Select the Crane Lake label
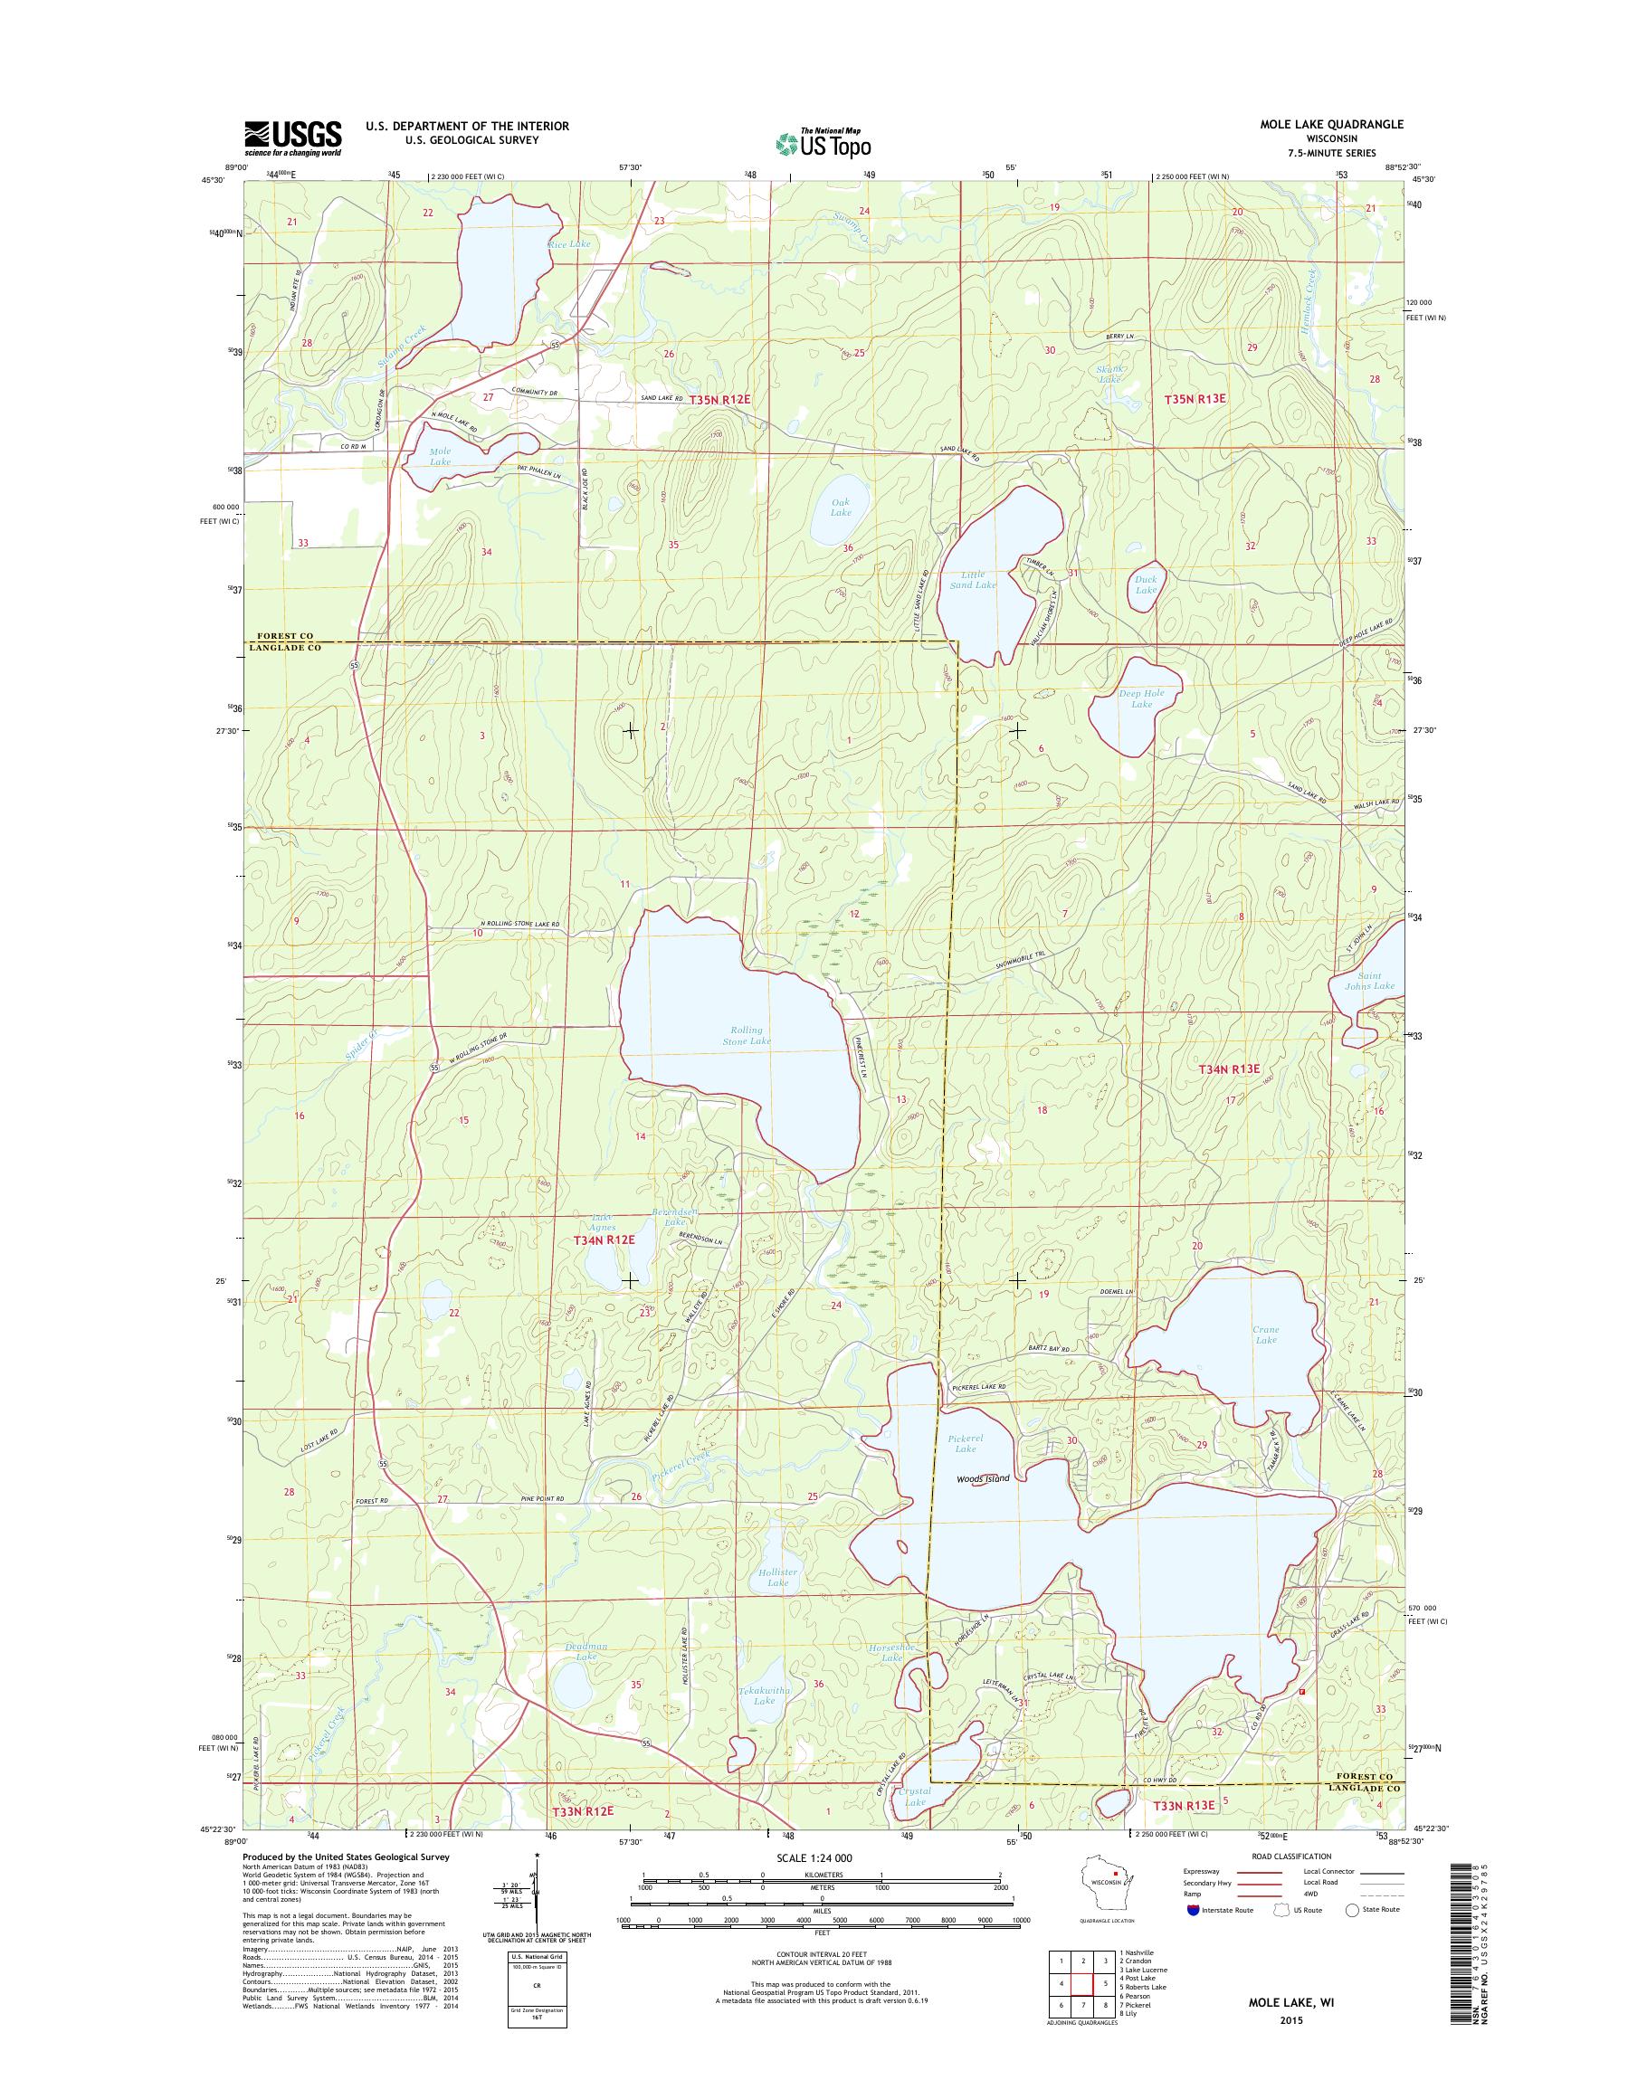coord(1265,1334)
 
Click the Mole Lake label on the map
coord(440,456)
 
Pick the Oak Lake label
coord(841,508)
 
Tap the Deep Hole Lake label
coord(1142,698)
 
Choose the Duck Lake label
coord(1146,584)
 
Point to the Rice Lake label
coord(569,245)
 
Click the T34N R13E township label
coord(1230,1068)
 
